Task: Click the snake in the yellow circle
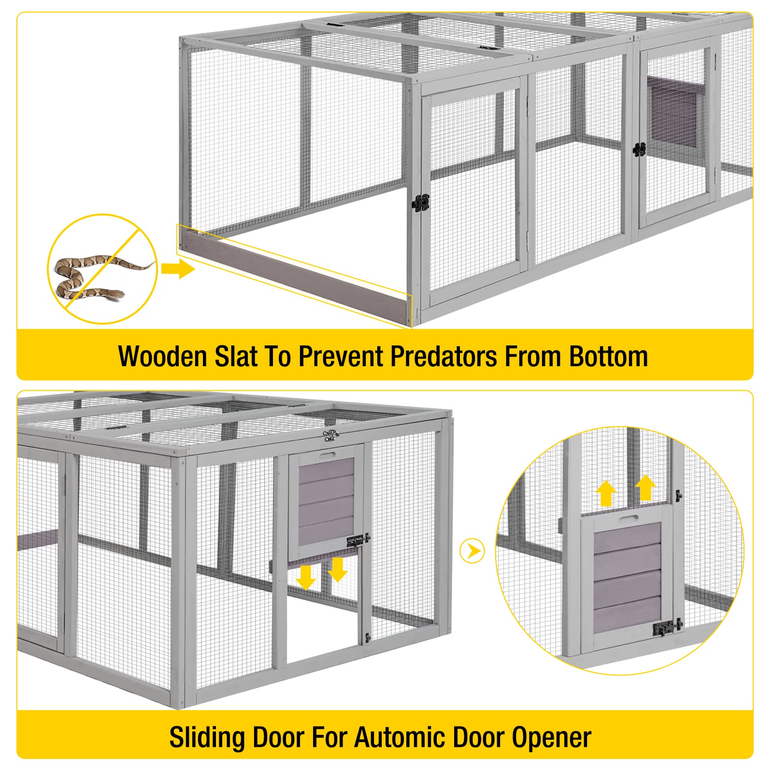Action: coord(92,278)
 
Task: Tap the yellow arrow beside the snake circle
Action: coord(177,269)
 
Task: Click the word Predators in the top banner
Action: coord(444,357)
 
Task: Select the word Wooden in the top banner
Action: coord(162,357)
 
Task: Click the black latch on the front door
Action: coord(420,203)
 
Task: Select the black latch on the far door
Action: coord(639,150)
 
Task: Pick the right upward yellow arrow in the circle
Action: coord(645,488)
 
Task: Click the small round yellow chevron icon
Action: coord(472,551)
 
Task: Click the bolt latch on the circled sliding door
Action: coord(667,627)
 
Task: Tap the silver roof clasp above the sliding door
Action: coord(330,435)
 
